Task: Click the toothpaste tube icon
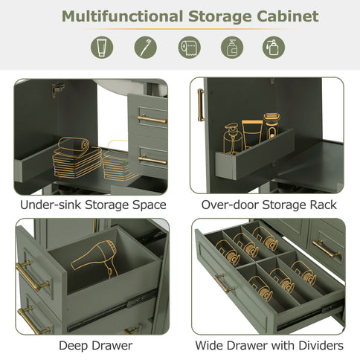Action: pyautogui.click(x=103, y=48)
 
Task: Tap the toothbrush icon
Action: pyautogui.click(x=146, y=48)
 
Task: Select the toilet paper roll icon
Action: pyautogui.click(x=189, y=48)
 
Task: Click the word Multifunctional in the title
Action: pyautogui.click(x=121, y=16)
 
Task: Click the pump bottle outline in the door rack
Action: pyautogui.click(x=231, y=138)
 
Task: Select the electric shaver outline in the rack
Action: pyautogui.click(x=272, y=129)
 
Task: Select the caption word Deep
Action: pyautogui.click(x=74, y=346)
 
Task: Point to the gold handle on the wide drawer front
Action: pyautogui.click(x=221, y=285)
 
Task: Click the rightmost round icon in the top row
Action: pyautogui.click(x=274, y=48)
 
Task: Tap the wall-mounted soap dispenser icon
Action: pyautogui.click(x=232, y=48)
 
